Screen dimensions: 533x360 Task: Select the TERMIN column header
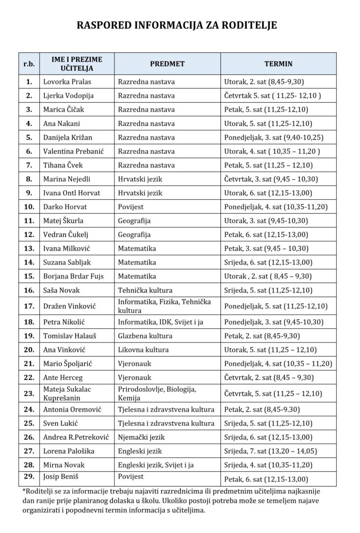278,64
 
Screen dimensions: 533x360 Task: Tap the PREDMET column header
167,64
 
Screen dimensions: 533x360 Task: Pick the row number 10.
29,207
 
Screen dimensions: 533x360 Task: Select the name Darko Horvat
65,207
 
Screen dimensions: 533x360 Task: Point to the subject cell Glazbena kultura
145,336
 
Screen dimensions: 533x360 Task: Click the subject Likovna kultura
143,350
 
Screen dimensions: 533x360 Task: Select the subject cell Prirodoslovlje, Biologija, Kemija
157,393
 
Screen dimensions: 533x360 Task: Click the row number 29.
29,476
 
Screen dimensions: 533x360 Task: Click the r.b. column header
29,64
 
